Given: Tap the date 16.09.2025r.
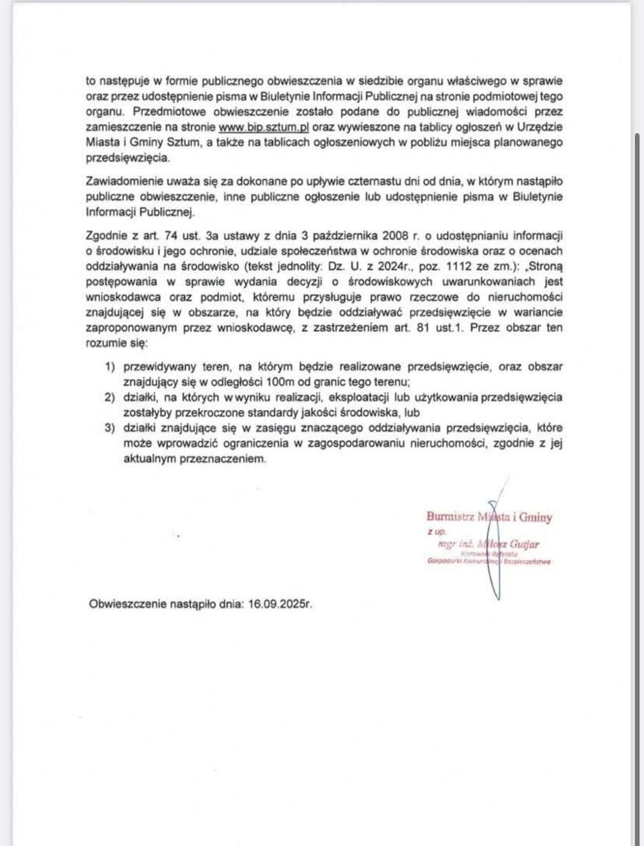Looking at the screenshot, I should click(280, 605).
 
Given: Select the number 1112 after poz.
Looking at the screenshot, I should click(482, 266).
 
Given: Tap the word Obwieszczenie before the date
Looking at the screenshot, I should click(128, 605).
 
